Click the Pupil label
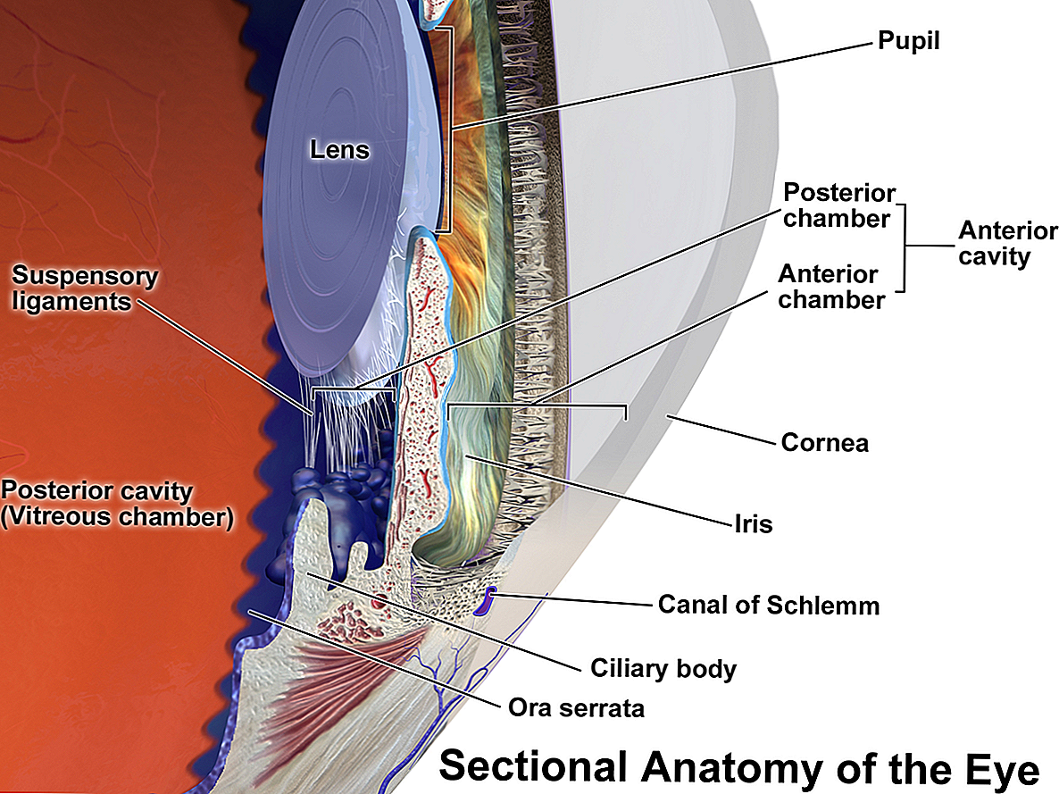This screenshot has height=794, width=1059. (x=909, y=41)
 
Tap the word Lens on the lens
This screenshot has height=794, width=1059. (x=339, y=150)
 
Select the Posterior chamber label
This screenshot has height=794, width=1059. (x=838, y=205)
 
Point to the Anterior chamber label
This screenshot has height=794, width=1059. (x=830, y=287)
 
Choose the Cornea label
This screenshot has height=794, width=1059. (x=824, y=442)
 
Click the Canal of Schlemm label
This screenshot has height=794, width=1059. (x=768, y=606)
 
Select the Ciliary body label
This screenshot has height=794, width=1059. (x=663, y=668)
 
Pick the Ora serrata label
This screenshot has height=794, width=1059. (x=576, y=709)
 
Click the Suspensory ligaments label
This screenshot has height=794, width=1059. (x=85, y=288)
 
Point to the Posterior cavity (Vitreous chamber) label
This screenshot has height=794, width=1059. (x=116, y=504)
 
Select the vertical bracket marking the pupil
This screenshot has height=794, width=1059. (x=452, y=130)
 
